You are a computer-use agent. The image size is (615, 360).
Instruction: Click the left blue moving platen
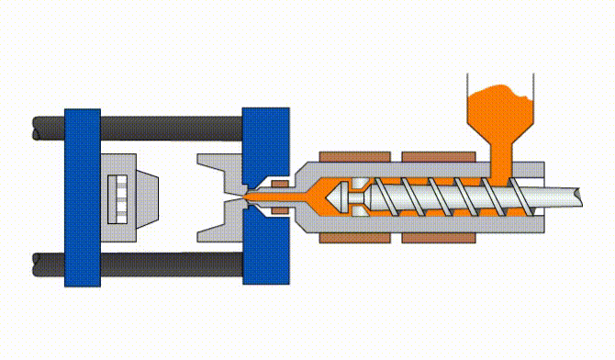tap(82, 197)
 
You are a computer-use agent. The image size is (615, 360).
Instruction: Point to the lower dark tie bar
tap(165, 262)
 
